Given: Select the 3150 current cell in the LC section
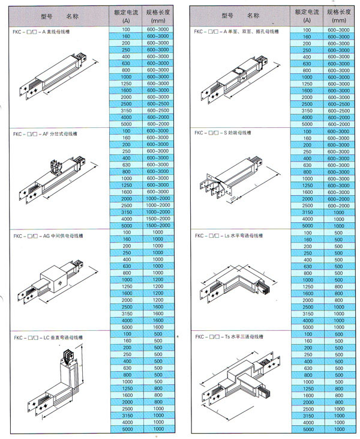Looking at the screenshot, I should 126,416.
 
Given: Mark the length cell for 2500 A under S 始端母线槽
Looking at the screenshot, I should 339,205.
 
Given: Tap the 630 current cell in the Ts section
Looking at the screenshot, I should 307,368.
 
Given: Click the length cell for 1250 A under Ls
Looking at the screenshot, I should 339,287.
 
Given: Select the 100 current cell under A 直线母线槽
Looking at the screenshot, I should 126,29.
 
